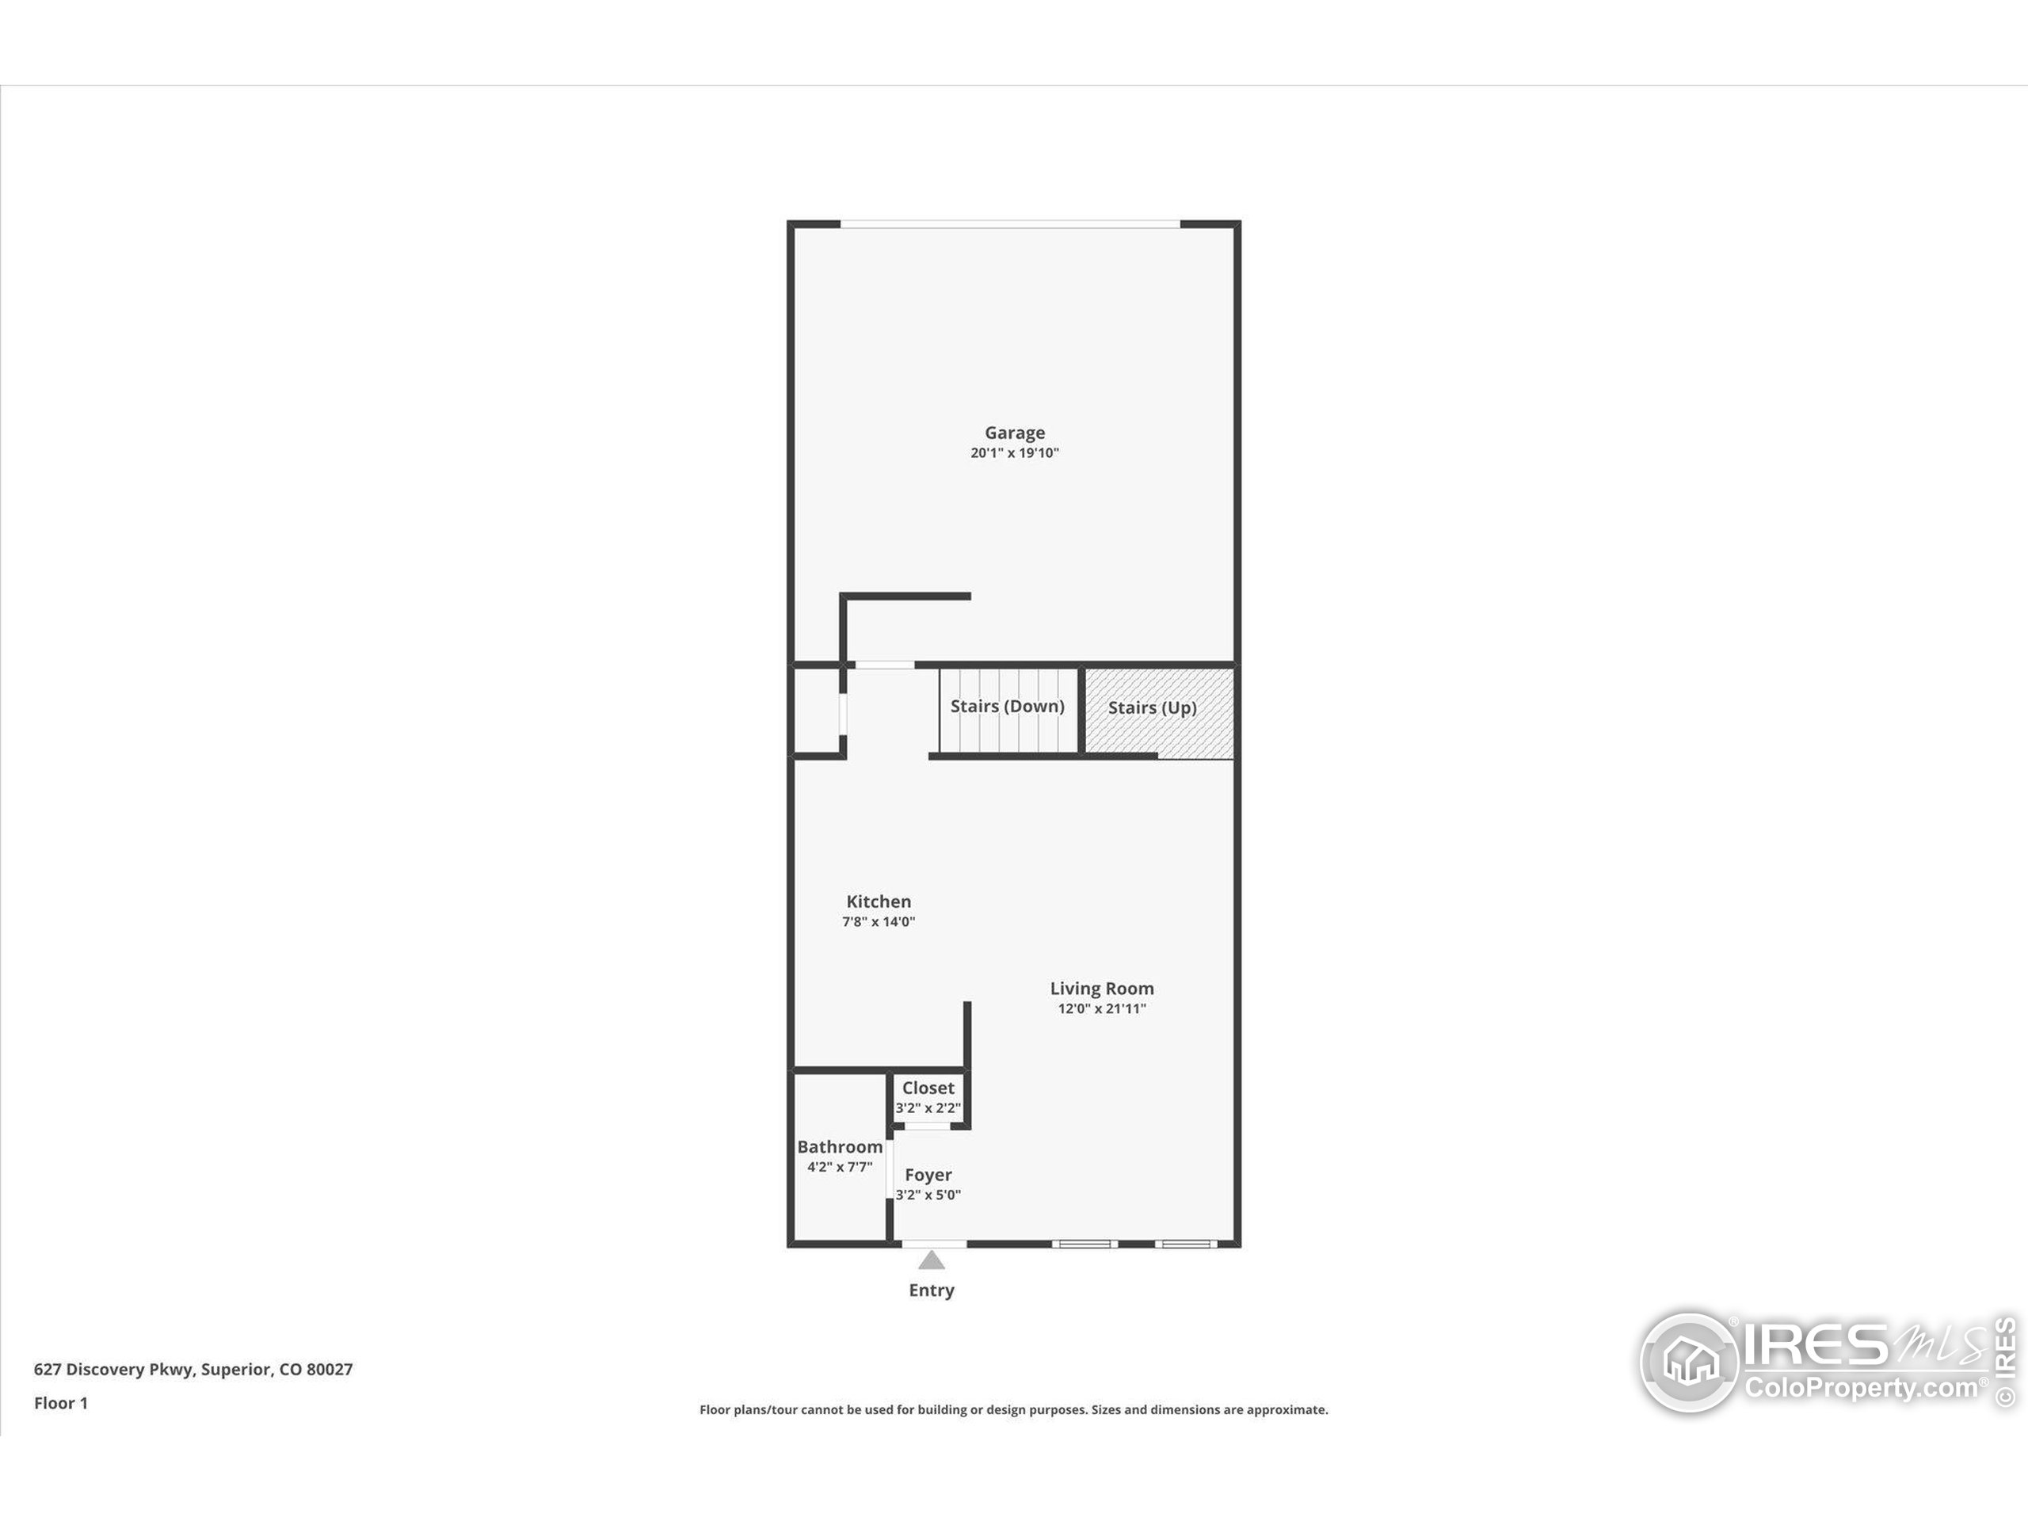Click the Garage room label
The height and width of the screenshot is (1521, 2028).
click(1014, 433)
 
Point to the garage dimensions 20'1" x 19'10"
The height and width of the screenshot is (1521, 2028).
click(1014, 453)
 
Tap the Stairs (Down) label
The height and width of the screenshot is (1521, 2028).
click(1007, 706)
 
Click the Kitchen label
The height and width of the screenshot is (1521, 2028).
click(879, 902)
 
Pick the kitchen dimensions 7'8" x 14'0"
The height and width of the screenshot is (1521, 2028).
click(879, 921)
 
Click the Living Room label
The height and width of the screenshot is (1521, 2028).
click(1101, 989)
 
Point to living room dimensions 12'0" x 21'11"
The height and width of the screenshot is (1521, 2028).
click(1101, 1008)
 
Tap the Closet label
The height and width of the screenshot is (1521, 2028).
click(928, 1088)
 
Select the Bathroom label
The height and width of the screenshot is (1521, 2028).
click(839, 1146)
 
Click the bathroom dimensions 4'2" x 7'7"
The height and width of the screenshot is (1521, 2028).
click(839, 1167)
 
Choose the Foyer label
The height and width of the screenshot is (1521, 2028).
click(928, 1175)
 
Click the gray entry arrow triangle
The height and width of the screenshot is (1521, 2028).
click(932, 1261)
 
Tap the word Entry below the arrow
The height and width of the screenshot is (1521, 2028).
click(932, 1290)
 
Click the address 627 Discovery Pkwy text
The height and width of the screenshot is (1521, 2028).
click(193, 1369)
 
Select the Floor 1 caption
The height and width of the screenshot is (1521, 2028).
click(60, 1403)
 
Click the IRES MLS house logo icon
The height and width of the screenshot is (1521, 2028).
click(1689, 1363)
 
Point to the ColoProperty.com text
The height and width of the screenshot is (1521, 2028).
click(1861, 1388)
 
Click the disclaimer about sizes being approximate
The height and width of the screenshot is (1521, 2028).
click(1013, 1410)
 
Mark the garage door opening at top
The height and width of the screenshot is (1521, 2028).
click(1010, 223)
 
